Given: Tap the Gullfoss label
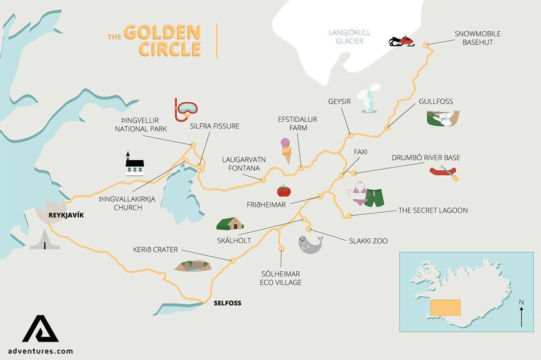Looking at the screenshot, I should point(436,102).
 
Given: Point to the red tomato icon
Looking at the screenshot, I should point(284,191).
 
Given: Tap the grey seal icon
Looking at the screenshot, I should point(310,244).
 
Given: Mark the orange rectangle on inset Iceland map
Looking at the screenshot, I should point(446,307).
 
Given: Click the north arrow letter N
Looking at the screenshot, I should point(521,303).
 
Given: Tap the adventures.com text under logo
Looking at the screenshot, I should point(40,351).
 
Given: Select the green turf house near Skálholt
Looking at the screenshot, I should point(230,223).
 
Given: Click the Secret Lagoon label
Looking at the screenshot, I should point(433,210).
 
